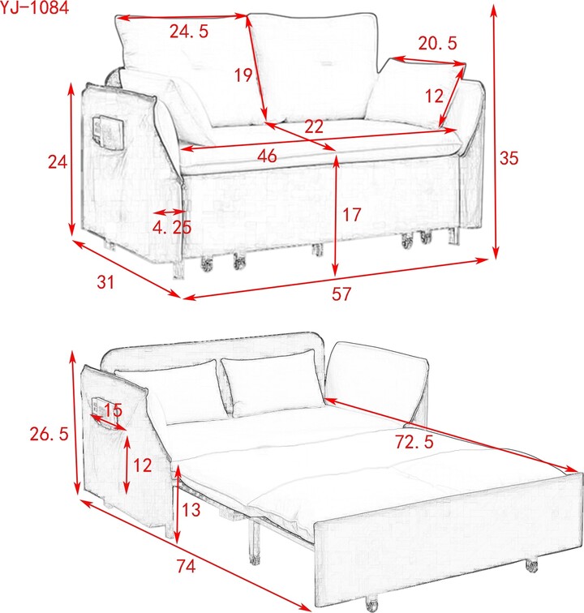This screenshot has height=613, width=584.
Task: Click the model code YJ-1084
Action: point(34,8)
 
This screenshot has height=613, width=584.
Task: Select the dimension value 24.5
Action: point(189,32)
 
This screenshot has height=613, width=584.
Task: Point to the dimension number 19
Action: point(243,76)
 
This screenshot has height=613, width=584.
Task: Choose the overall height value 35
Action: point(508,159)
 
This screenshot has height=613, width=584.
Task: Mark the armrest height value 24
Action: point(57,162)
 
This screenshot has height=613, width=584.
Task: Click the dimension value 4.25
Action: point(172,227)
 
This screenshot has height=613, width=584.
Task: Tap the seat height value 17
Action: point(350,215)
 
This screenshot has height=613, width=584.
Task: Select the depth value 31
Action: point(105,283)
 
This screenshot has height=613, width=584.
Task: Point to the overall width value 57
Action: point(341,294)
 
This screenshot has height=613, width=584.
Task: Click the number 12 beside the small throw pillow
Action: point(434,96)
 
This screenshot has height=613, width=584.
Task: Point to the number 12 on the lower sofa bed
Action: point(143,465)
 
